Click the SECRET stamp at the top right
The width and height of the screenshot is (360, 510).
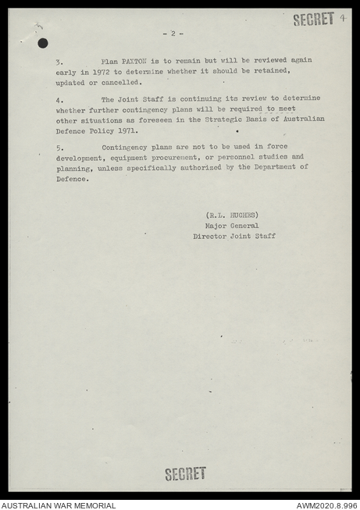(x=313, y=19)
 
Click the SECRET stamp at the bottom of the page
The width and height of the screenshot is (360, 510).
(x=185, y=473)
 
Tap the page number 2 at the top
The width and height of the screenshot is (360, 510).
(x=173, y=34)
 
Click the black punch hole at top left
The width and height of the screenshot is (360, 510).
(x=42, y=43)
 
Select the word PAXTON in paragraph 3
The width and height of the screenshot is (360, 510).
(x=135, y=61)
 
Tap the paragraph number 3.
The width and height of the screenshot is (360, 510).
(x=59, y=61)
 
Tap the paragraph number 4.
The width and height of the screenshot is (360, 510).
(x=59, y=100)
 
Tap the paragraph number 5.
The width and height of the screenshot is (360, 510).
(x=59, y=147)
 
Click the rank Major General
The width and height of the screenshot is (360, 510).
(x=231, y=225)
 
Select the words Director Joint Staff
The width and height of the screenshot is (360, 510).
(x=234, y=235)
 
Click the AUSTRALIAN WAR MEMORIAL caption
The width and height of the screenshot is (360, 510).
(x=59, y=505)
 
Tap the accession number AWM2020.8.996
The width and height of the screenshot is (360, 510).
(x=326, y=505)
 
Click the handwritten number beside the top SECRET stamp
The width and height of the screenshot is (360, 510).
(x=343, y=17)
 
